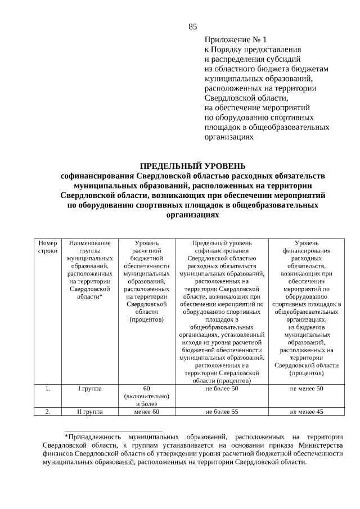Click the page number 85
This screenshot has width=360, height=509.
(x=193, y=26)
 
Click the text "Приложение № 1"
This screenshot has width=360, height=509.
(x=236, y=40)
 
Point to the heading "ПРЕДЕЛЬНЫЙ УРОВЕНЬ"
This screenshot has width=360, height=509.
(x=192, y=166)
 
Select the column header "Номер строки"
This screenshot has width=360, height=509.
(x=48, y=246)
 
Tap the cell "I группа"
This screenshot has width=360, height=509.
(x=89, y=389)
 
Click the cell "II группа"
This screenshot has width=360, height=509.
(x=89, y=412)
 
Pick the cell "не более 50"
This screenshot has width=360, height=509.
(x=222, y=389)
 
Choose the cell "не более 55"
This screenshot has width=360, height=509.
(x=222, y=412)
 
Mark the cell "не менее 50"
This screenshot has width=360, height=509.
(x=307, y=389)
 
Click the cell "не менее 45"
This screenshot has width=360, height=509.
(x=307, y=412)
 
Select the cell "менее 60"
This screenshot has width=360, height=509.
(x=146, y=412)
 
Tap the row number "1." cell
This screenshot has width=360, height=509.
(x=48, y=389)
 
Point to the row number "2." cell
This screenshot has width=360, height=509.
(x=48, y=412)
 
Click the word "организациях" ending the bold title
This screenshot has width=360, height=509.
(x=192, y=215)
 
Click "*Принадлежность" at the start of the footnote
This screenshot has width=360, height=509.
(x=92, y=436)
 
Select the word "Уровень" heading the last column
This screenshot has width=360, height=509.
(x=307, y=242)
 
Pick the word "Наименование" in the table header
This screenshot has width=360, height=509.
(x=89, y=242)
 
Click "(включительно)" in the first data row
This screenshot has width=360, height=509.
(x=146, y=396)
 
